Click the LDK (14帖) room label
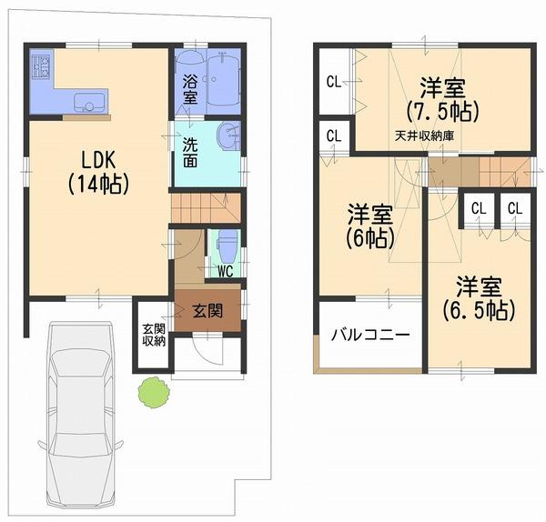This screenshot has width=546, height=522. pyautogui.click(x=97, y=171)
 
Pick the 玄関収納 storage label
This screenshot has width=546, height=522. pyautogui.click(x=153, y=335)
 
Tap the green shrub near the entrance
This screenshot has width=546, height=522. pyautogui.click(x=153, y=393)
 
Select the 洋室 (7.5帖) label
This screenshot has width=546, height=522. pyautogui.click(x=443, y=100)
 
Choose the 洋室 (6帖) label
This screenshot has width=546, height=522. pyautogui.click(x=369, y=226)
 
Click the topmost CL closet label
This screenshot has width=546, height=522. pyautogui.click(x=334, y=82)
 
